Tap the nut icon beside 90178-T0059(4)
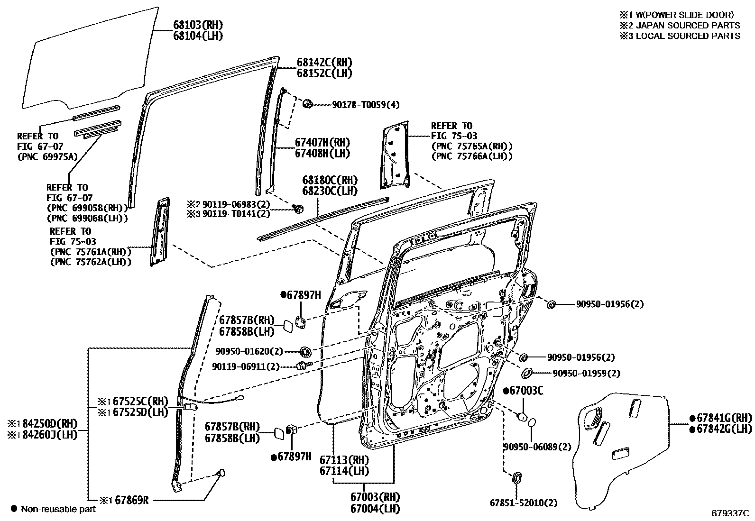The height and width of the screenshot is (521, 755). [x=307, y=103]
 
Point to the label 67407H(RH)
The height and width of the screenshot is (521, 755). [x=322, y=142]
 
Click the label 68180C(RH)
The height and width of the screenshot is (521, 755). [x=330, y=181]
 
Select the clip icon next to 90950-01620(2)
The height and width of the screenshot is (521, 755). [x=305, y=351]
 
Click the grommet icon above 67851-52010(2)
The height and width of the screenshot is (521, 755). [x=517, y=477]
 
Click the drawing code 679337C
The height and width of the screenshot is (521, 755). [x=729, y=513]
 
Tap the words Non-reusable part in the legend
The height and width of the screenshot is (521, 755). [x=57, y=509]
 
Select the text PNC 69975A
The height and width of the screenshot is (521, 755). [x=47, y=157]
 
